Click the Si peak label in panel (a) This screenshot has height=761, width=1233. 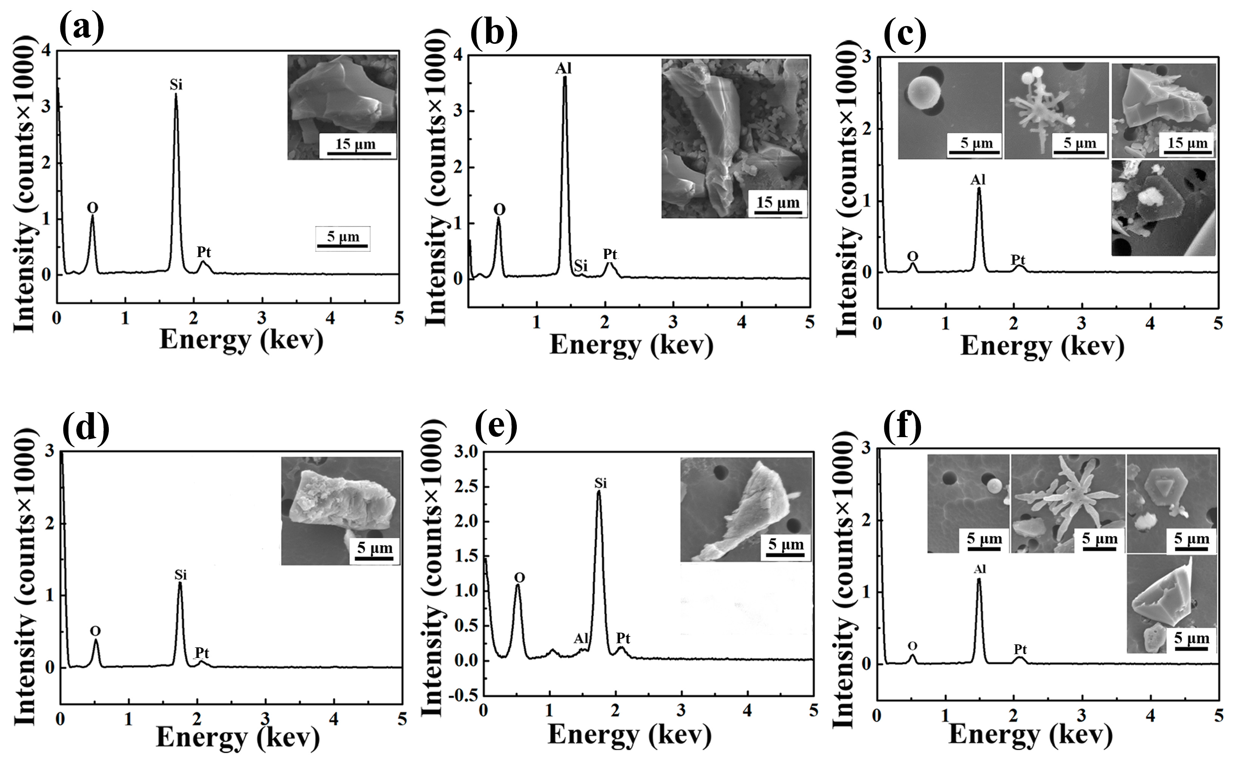[176, 85]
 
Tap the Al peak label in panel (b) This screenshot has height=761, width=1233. [564, 68]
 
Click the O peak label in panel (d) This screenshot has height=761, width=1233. [95, 631]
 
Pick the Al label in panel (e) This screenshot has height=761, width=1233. [581, 639]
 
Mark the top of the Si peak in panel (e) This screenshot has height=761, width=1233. [598, 492]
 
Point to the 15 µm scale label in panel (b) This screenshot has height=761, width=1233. [778, 202]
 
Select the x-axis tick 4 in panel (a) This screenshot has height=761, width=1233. [331, 319]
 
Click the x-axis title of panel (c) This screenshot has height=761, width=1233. [1042, 346]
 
